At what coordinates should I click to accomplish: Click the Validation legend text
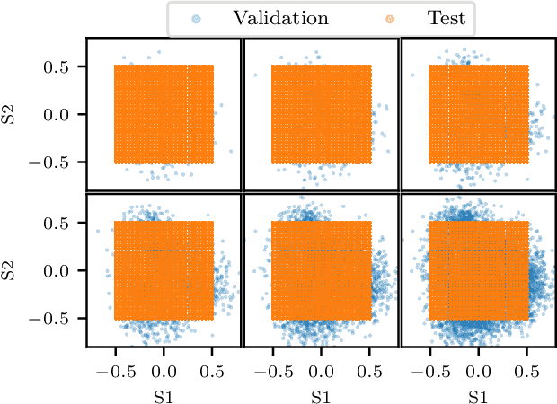click(x=280, y=17)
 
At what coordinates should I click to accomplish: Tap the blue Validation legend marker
click(x=197, y=17)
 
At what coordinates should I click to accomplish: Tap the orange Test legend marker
click(x=364, y=17)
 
